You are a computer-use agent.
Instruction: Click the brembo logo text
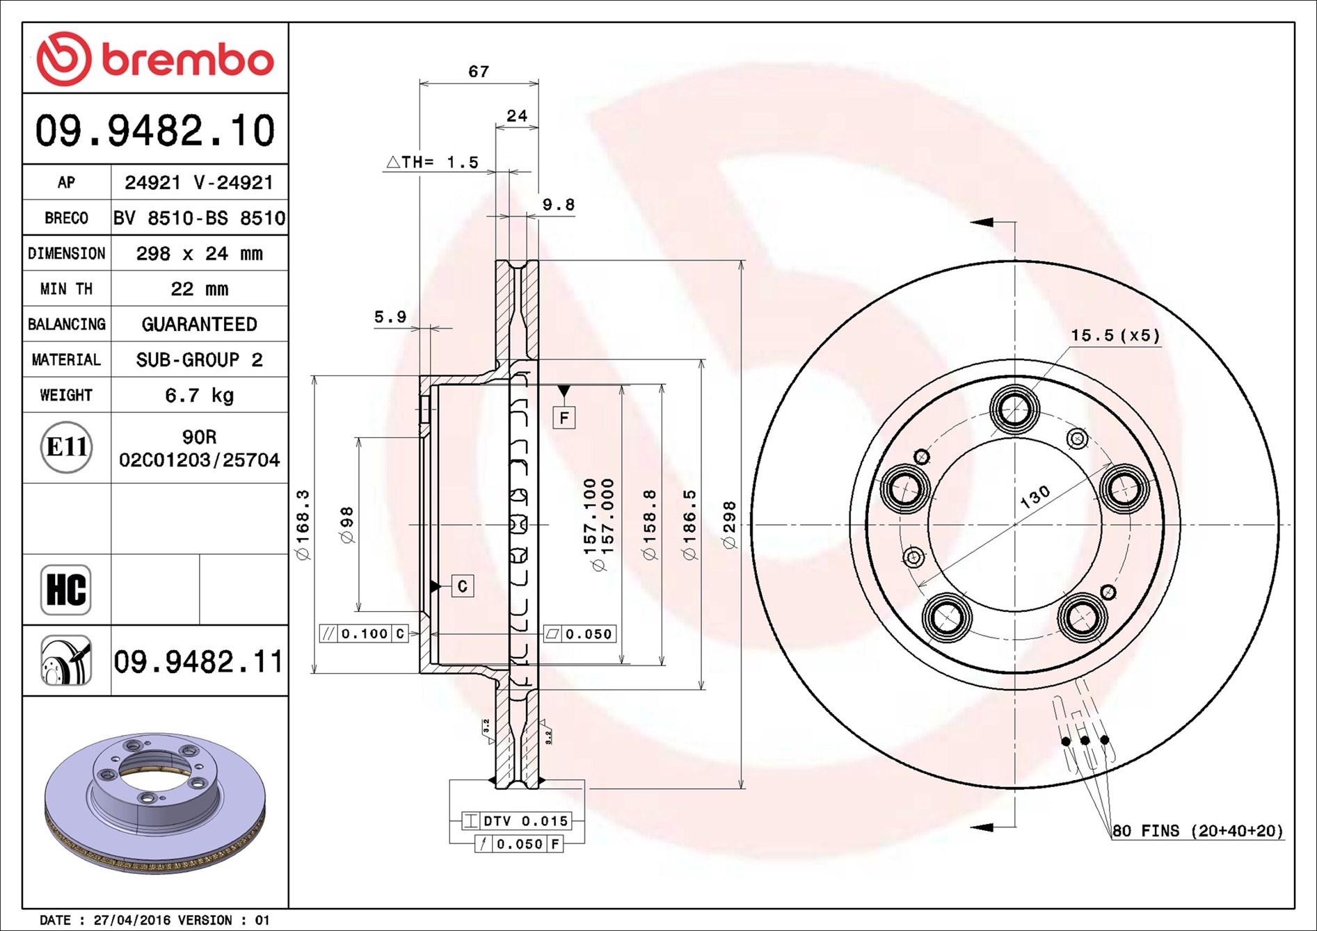click(x=188, y=60)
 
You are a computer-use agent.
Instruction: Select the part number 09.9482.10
click(x=155, y=130)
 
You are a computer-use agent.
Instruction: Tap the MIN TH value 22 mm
click(x=200, y=289)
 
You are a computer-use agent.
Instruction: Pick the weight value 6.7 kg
click(x=200, y=395)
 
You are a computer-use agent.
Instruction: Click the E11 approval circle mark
click(x=66, y=447)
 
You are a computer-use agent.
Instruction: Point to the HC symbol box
click(x=66, y=590)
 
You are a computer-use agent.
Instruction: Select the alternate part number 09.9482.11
click(x=199, y=661)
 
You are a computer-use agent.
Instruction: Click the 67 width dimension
click(x=479, y=71)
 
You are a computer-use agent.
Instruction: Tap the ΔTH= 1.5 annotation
click(x=433, y=162)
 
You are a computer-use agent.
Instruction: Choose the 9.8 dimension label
click(x=559, y=204)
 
